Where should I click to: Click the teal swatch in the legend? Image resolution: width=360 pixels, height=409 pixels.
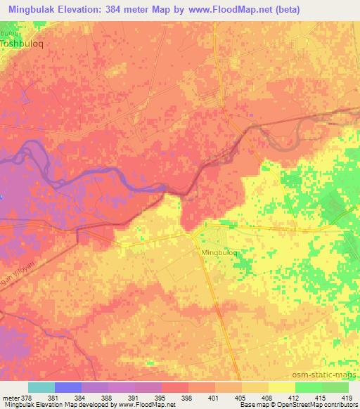pyautogui.click(x=41, y=387)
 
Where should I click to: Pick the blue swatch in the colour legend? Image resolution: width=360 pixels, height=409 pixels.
pyautogui.click(x=68, y=387)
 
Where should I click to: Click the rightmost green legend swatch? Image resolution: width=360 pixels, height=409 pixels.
pyautogui.click(x=335, y=387)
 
